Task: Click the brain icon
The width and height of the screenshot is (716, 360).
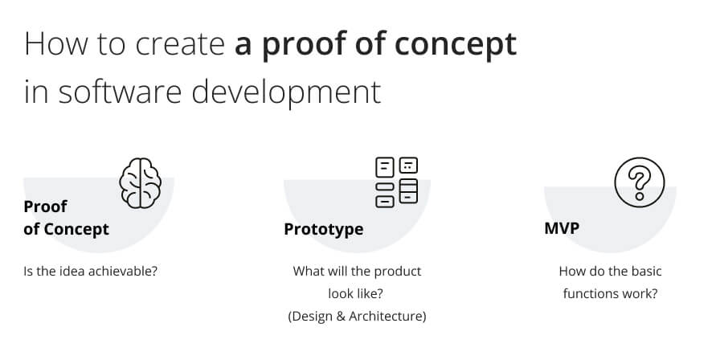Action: pos(140,183)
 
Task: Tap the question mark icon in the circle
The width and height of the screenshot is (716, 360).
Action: pos(640,182)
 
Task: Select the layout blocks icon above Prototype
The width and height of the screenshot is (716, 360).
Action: pos(396,182)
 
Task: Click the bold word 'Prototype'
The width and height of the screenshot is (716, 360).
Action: pos(323,229)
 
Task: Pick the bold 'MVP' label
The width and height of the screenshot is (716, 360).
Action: pos(562,227)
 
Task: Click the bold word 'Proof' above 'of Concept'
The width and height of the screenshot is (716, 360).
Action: pos(45,207)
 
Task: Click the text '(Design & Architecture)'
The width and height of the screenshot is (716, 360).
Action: pos(357,316)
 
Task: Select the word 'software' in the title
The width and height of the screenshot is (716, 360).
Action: pos(120,91)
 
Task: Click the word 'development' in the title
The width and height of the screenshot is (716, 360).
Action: pos(286,92)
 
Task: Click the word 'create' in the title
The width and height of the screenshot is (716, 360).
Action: pos(180,43)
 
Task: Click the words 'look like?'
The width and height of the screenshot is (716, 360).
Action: pos(356,293)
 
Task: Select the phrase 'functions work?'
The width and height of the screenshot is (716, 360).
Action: pos(610,293)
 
